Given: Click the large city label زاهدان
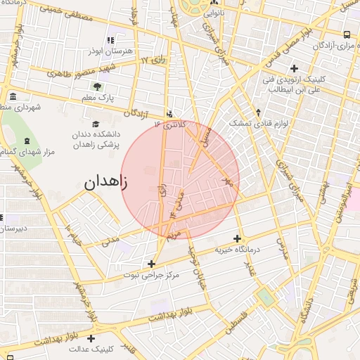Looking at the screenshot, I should click(x=106, y=184).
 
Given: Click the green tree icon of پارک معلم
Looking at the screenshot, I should click(x=96, y=87).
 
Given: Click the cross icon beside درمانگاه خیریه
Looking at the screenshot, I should click(x=237, y=238).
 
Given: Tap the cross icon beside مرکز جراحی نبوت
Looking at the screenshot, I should click(x=150, y=264).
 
